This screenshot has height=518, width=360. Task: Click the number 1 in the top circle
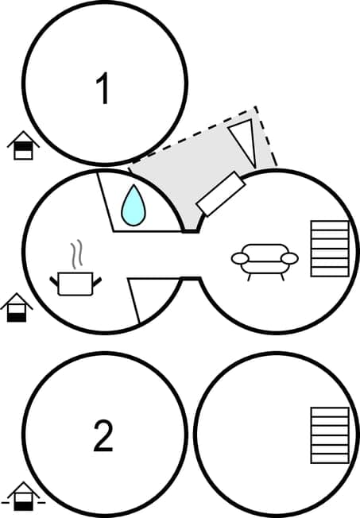[103, 89]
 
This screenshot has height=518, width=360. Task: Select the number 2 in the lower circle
[103, 436]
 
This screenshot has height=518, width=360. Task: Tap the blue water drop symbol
[134, 204]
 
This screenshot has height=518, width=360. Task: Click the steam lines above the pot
[76, 254]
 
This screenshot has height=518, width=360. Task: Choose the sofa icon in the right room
[265, 259]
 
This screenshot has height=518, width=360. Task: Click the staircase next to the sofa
[330, 249]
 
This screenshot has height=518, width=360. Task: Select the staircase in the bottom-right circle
[330, 435]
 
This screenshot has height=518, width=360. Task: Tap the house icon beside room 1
[23, 146]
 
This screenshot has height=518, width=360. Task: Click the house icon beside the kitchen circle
[17, 307]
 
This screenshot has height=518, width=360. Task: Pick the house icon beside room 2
[24, 497]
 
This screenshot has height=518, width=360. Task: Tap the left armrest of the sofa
[239, 258]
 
